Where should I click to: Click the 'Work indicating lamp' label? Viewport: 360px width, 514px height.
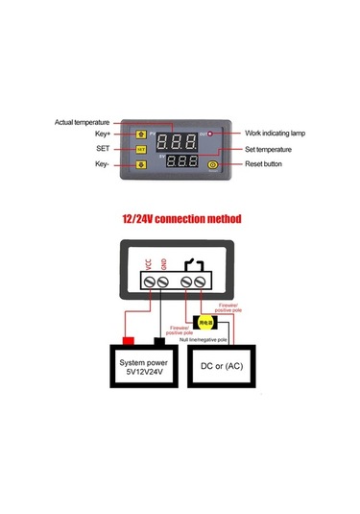tap(275, 134)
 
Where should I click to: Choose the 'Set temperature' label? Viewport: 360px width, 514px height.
tap(271, 149)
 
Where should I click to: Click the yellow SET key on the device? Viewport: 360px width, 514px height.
tap(140, 150)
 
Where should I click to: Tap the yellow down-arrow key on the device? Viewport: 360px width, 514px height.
tap(140, 164)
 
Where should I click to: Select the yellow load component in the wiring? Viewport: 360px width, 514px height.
tap(204, 324)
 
